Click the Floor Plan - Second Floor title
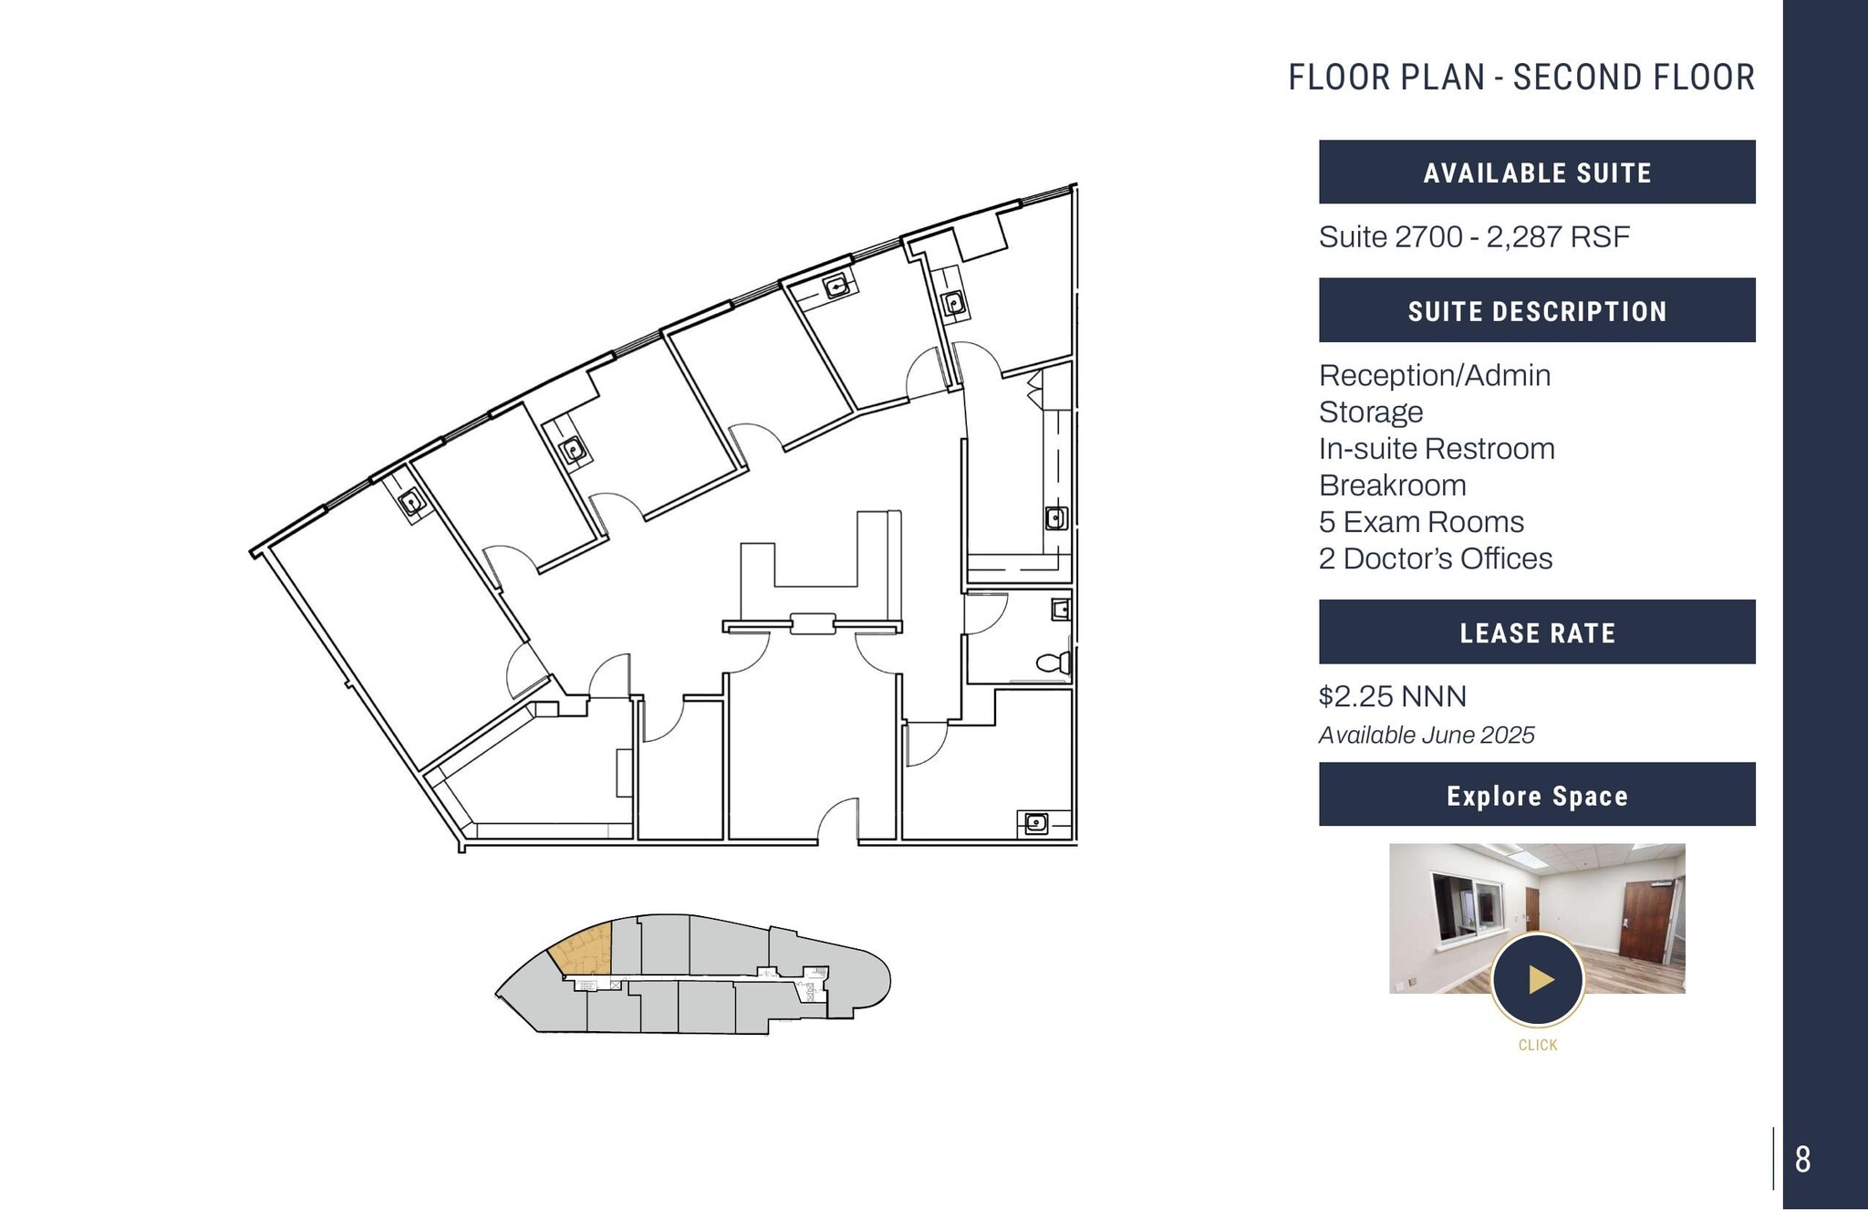coord(1520,78)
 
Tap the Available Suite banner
coord(1537,172)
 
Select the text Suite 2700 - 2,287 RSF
coord(1473,237)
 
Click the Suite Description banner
coord(1537,311)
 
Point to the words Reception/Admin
coord(1434,375)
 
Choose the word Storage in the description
coord(1370,412)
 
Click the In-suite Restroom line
coord(1436,449)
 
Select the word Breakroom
coord(1392,485)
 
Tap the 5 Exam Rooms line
coord(1420,522)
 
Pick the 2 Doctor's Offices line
coord(1435,558)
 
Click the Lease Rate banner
coord(1537,632)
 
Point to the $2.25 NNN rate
coord(1392,696)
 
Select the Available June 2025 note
coord(1426,735)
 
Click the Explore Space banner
coord(1537,796)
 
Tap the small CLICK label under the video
coord(1537,1045)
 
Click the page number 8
coord(1802,1160)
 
